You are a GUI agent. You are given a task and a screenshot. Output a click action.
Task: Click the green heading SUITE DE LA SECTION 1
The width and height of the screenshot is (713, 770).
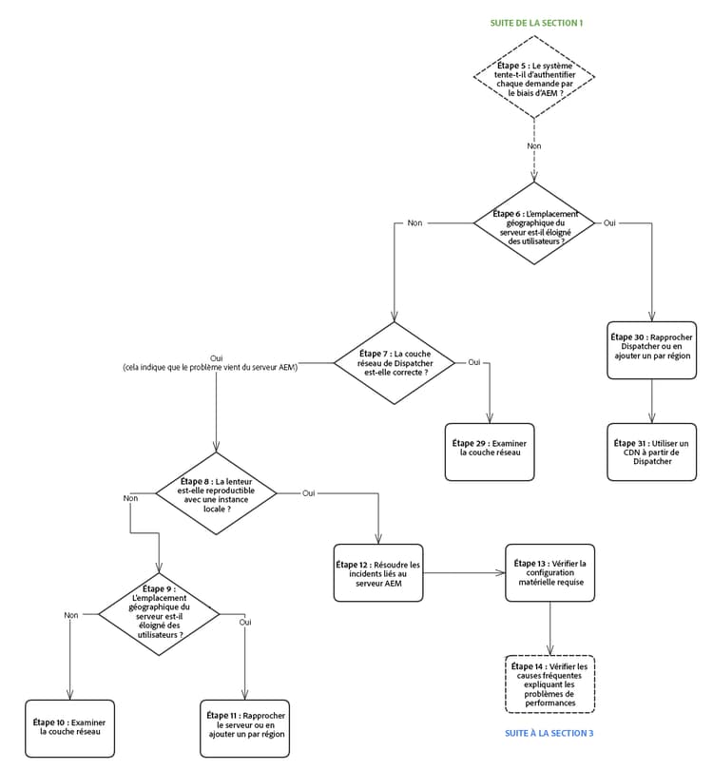click(x=535, y=22)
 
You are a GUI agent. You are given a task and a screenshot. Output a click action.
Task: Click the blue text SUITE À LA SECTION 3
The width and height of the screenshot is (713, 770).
click(x=549, y=733)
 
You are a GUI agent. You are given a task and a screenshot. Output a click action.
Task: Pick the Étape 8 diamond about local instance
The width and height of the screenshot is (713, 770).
click(x=216, y=494)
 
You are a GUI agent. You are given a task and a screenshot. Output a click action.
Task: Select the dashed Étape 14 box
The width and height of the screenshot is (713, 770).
click(x=550, y=684)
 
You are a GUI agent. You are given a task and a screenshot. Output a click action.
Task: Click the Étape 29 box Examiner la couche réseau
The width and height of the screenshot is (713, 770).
click(x=490, y=452)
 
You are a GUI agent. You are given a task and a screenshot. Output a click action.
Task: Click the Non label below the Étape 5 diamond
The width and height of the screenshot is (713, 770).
click(x=534, y=145)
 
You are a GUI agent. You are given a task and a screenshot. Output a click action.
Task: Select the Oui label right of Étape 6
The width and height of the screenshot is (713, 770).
click(x=610, y=222)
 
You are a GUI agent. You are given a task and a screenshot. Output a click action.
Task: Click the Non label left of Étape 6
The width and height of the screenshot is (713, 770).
click(x=415, y=222)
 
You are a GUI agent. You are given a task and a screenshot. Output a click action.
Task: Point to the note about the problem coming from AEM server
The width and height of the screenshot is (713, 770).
click(x=210, y=367)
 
